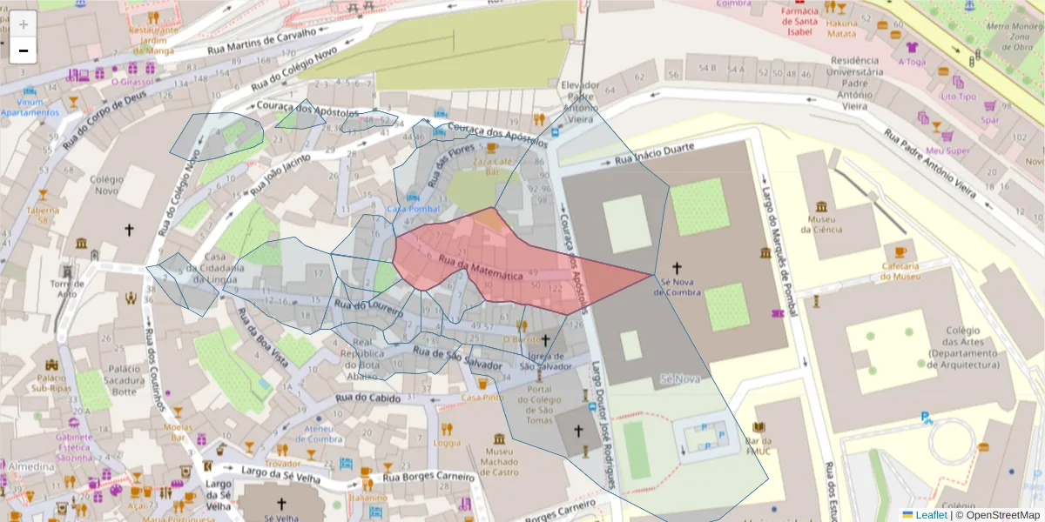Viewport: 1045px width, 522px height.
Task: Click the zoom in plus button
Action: point(24,24)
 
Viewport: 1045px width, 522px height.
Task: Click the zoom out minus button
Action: point(24,50)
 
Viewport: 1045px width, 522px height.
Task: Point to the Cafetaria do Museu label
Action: point(900,271)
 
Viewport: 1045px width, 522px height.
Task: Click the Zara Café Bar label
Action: point(492,166)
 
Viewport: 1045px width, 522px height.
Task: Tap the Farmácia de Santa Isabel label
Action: point(799,22)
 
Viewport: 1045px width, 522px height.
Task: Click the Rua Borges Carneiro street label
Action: point(429,477)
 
